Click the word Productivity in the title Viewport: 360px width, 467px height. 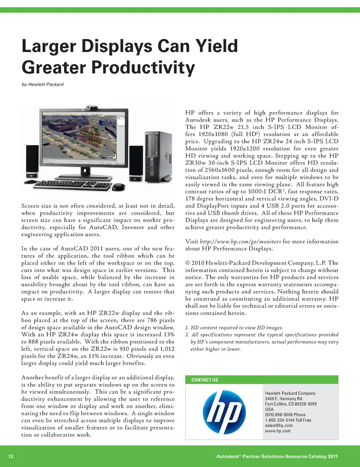point(143,68)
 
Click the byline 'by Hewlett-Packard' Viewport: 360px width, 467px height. point(42,84)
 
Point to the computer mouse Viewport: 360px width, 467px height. point(119,186)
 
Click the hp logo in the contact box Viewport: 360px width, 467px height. point(224,411)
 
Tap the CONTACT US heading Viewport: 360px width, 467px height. point(204,380)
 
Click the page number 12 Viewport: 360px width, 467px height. point(11,457)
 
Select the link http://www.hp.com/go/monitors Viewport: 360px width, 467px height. point(240,242)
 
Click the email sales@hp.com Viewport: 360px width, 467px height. point(279,425)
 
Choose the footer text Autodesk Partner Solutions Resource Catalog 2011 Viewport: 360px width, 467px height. point(277,457)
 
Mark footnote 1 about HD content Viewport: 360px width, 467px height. point(234,328)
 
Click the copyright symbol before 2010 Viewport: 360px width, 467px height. point(187,263)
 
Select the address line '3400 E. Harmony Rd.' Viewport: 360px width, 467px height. point(283,399)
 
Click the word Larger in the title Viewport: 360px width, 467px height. point(49,46)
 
